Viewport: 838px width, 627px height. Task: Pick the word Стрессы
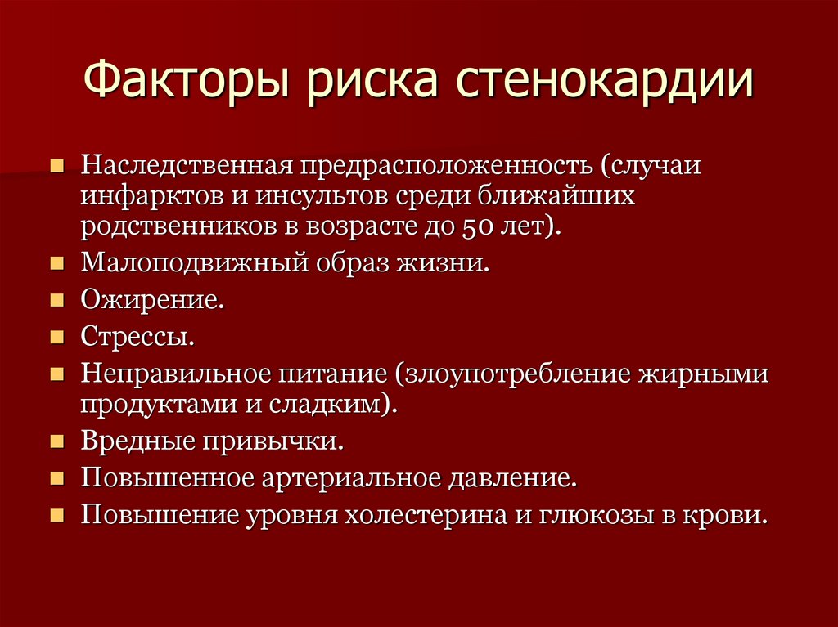pos(137,337)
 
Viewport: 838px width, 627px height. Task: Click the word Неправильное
pos(175,374)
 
